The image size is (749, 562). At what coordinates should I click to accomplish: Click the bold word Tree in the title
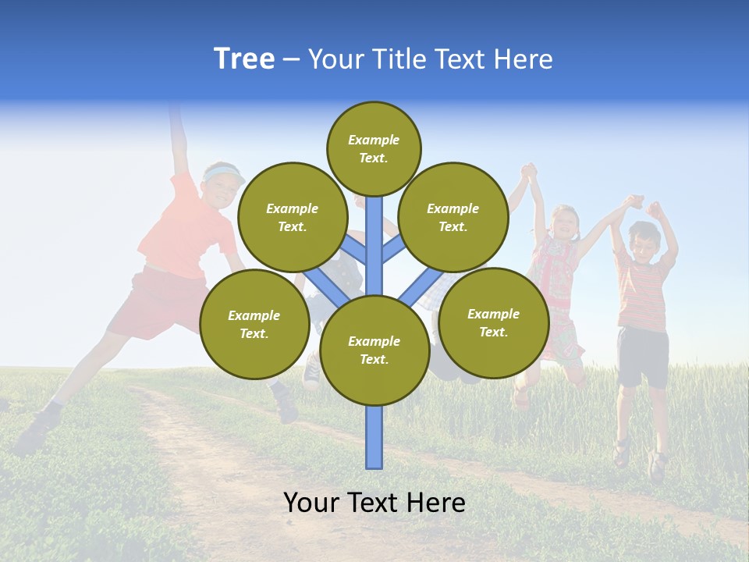[x=244, y=59]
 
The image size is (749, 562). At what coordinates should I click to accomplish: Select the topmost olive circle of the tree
[x=374, y=148]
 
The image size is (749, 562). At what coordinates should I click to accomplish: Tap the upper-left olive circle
[x=292, y=217]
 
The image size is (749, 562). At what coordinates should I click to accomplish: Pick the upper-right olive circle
[x=453, y=217]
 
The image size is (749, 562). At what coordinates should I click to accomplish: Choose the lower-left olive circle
[x=254, y=324]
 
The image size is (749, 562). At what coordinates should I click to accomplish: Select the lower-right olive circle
[x=493, y=322]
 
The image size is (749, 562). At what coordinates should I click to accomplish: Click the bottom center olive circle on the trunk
[x=374, y=350]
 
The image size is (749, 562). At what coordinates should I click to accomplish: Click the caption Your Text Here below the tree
[x=374, y=503]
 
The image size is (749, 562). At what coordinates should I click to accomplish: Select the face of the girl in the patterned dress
[x=563, y=222]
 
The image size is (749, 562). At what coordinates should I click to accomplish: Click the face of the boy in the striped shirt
[x=644, y=244]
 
